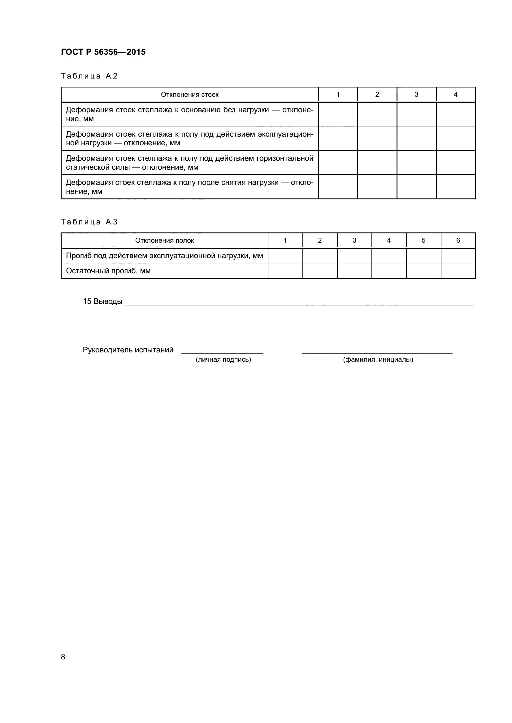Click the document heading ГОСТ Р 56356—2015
click(x=103, y=52)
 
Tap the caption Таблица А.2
click(x=89, y=76)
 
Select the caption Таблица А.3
click(x=89, y=222)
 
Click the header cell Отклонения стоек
click(x=189, y=95)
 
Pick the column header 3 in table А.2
click(x=416, y=95)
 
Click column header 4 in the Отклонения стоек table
click(x=455, y=95)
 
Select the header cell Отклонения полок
click(x=164, y=240)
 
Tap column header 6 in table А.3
click(x=458, y=240)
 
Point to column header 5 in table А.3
click(x=423, y=240)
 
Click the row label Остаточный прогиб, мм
click(x=108, y=271)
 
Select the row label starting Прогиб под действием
click(x=164, y=256)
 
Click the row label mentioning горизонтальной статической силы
click(x=189, y=163)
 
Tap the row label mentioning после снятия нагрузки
click(x=189, y=187)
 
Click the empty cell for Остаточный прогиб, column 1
click(x=285, y=271)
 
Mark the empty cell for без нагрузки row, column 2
click(x=377, y=114)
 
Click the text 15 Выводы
click(x=102, y=301)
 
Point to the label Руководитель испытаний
click(x=128, y=350)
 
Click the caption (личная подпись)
click(x=223, y=359)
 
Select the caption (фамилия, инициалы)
click(x=378, y=359)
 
